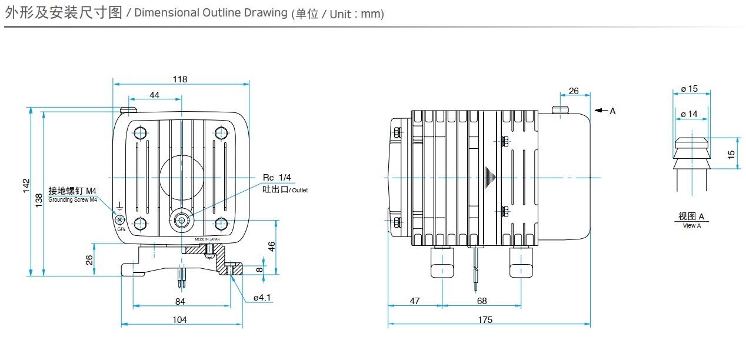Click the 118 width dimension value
[x=180, y=79]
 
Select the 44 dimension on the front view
[x=154, y=95]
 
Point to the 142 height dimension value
[x=25, y=185]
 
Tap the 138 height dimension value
[x=38, y=200]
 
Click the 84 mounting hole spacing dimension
[x=180, y=302]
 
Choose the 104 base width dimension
[x=180, y=319]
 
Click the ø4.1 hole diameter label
[x=262, y=298]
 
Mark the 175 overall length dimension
[x=485, y=320]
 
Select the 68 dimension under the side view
[x=482, y=301]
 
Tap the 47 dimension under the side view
[x=415, y=301]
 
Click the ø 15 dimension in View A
[x=689, y=89]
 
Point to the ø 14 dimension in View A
[x=689, y=114]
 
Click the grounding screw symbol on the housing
[x=119, y=219]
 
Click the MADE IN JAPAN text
[x=207, y=240]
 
